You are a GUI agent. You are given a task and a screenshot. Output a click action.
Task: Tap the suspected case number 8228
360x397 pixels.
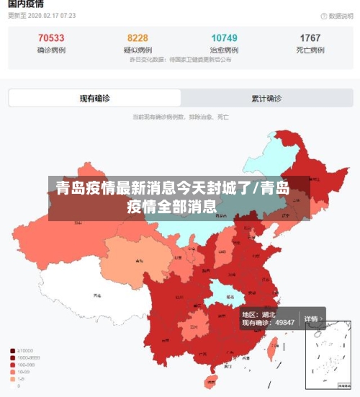(x=138, y=38)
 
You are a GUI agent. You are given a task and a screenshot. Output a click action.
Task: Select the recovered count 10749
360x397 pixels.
(x=225, y=38)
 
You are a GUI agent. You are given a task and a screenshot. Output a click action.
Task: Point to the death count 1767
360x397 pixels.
(x=310, y=38)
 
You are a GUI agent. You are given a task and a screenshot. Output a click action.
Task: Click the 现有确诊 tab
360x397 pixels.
(x=94, y=98)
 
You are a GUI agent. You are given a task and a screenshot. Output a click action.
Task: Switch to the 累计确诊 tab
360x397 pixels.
(x=266, y=98)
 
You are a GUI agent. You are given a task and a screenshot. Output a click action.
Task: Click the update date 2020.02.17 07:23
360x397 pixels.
(x=43, y=15)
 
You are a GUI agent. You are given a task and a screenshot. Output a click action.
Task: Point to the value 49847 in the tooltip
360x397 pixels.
(x=281, y=322)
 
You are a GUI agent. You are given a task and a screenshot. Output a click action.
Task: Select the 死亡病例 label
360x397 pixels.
(x=310, y=50)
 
